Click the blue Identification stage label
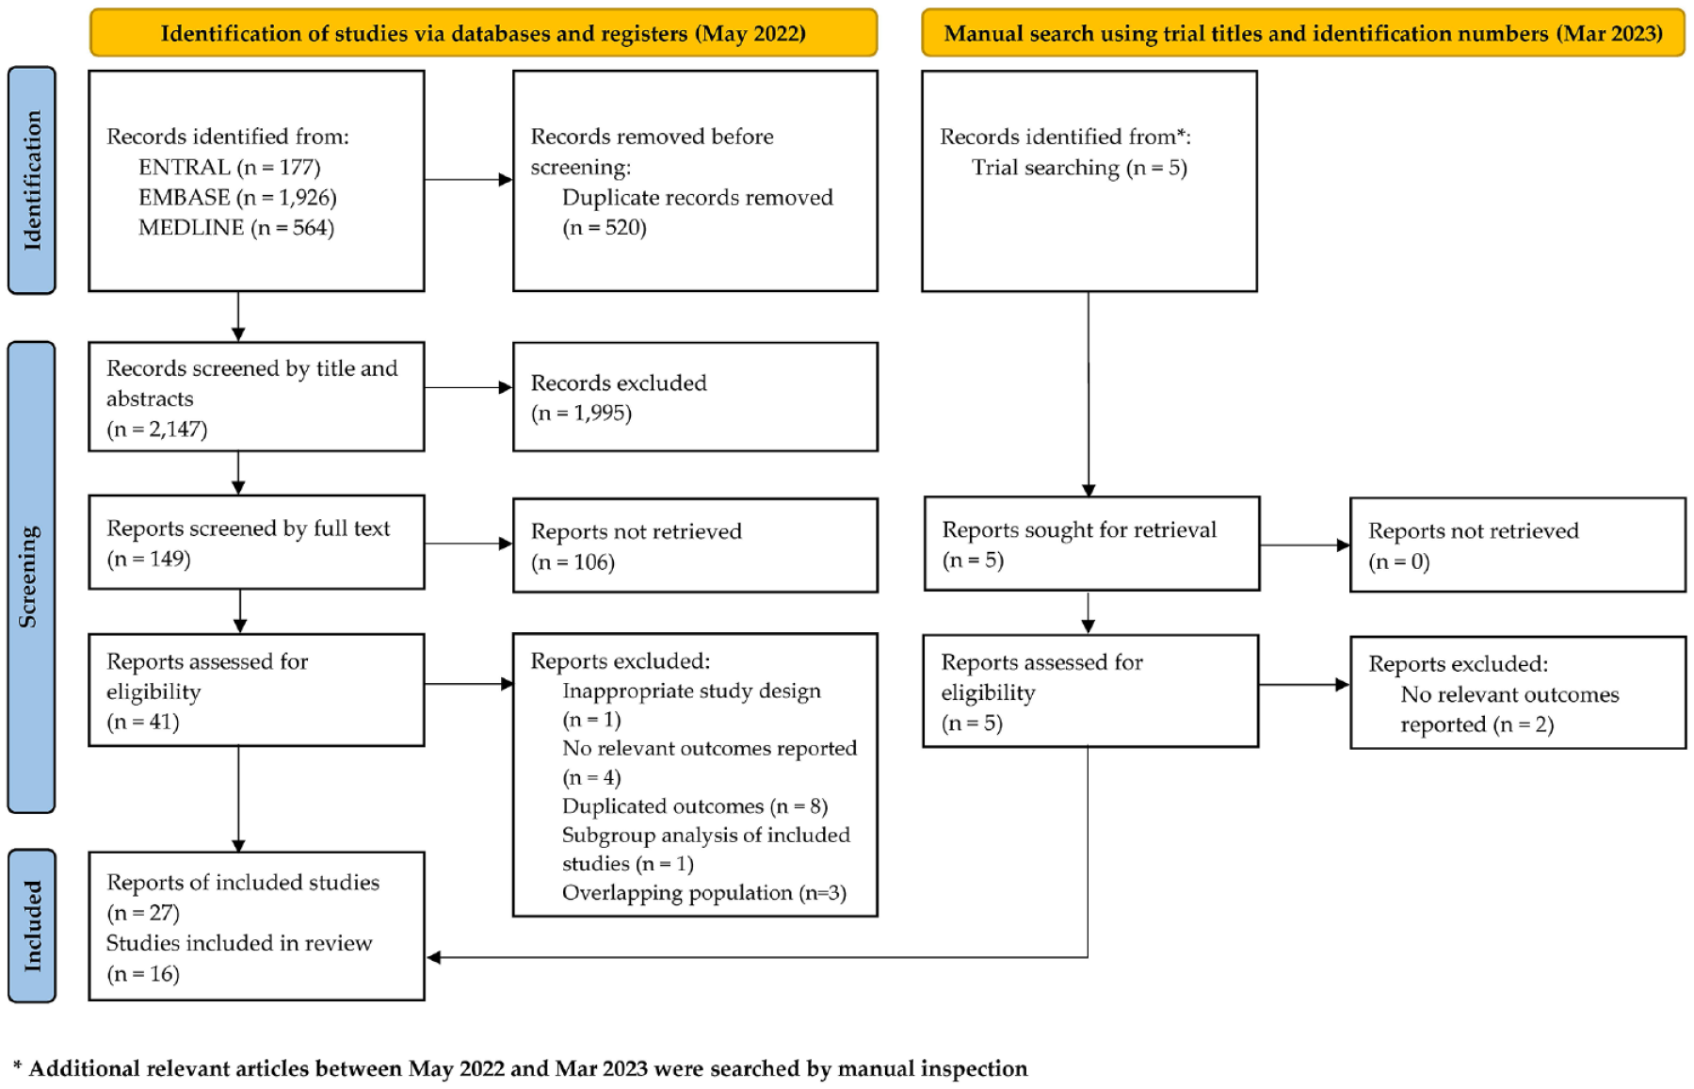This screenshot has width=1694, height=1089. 32,180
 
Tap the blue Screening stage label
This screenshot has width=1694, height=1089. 32,577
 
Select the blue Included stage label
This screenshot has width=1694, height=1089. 32,925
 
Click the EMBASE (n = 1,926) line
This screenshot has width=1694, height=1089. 237,197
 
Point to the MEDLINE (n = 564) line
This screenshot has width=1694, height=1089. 236,227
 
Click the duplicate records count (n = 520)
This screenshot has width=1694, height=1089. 605,227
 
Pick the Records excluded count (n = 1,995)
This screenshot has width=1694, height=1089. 581,413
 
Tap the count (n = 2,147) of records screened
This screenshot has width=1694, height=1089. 156,429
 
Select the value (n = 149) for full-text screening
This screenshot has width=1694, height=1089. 149,559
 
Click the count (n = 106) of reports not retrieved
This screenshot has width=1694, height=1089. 573,561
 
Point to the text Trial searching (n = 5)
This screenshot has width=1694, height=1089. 1079,167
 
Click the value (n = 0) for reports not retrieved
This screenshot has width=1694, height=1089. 1398,561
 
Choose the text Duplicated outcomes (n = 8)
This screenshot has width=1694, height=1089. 695,806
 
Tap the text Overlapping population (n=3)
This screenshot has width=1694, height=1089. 704,892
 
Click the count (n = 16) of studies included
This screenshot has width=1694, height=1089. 143,973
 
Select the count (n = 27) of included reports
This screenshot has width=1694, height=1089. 143,912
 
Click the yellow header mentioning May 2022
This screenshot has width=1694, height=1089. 483,33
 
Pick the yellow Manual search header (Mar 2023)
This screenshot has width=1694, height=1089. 1303,33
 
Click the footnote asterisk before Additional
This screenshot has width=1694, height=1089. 18,1067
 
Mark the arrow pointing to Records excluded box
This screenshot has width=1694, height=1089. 469,387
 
